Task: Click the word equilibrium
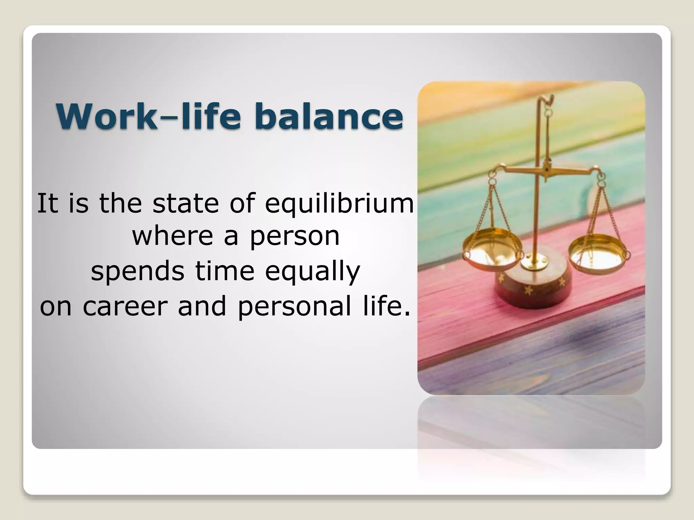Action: pos(339,203)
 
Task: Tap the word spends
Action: pos(138,272)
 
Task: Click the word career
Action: pos(125,306)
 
